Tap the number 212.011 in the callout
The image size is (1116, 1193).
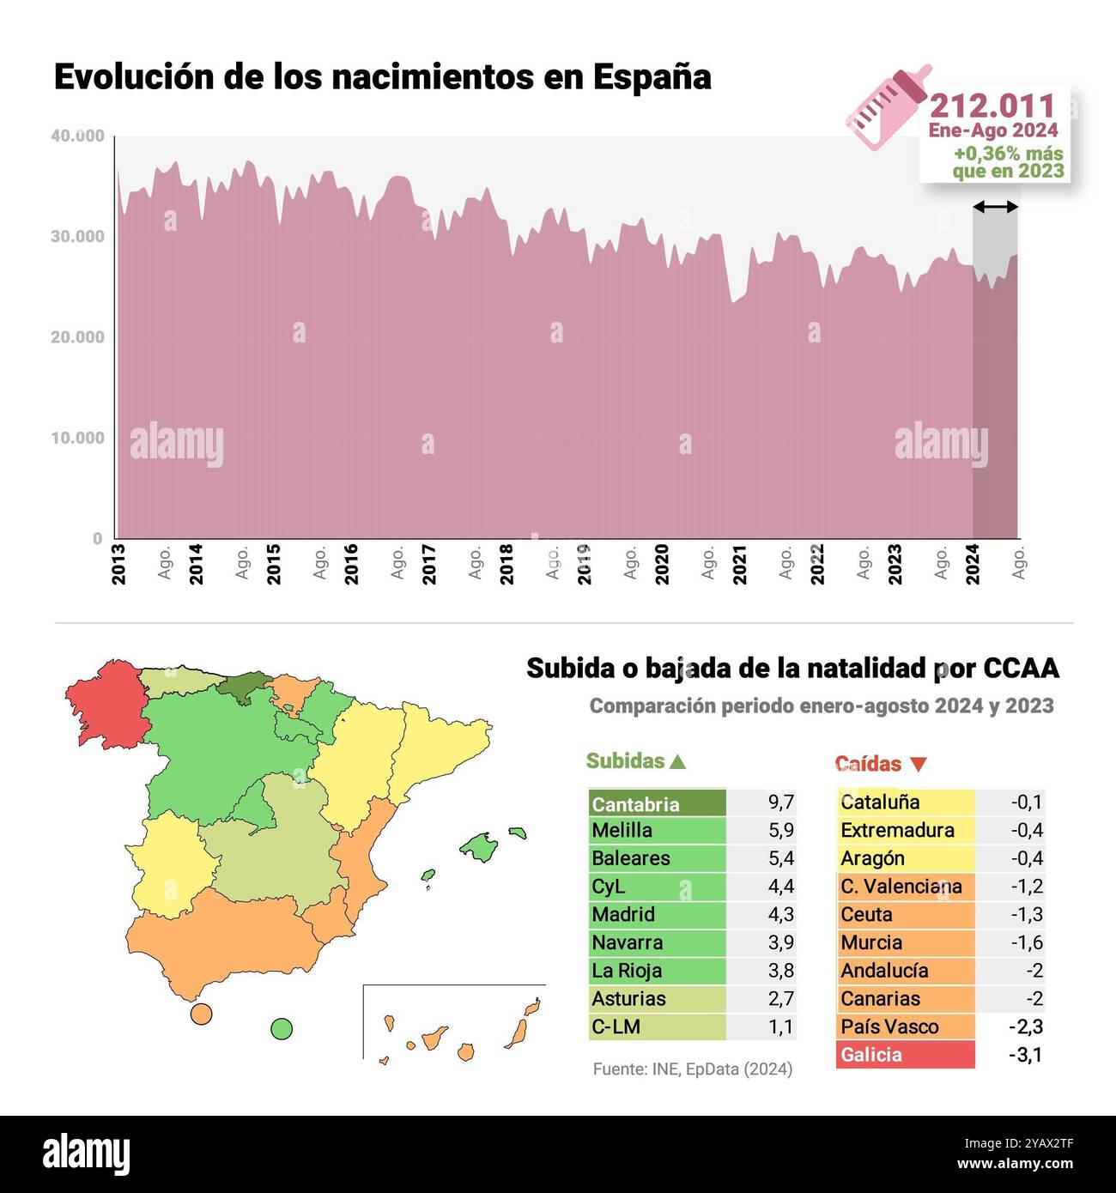[x=992, y=106]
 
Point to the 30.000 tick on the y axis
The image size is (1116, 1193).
[x=77, y=236]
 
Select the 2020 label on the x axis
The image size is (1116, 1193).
[x=662, y=564]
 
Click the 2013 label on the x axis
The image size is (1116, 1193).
[x=118, y=564]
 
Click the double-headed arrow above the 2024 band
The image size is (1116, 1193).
[x=995, y=207]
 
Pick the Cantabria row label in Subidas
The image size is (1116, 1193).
[x=635, y=804]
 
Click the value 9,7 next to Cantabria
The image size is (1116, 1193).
[x=780, y=802]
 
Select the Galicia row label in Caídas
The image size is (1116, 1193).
[x=871, y=1055]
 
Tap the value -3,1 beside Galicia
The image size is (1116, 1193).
[x=1025, y=1055]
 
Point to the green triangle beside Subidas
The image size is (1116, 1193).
[x=677, y=761]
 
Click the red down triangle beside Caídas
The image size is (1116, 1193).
[x=918, y=764]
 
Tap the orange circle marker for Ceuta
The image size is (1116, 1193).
[x=201, y=1014]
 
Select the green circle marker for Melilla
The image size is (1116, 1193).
[x=281, y=1028]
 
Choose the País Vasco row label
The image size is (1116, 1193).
[x=889, y=1026]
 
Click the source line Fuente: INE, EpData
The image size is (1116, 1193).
[x=692, y=1069]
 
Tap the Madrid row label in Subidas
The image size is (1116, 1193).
[x=623, y=914]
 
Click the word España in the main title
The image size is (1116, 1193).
[x=652, y=76]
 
